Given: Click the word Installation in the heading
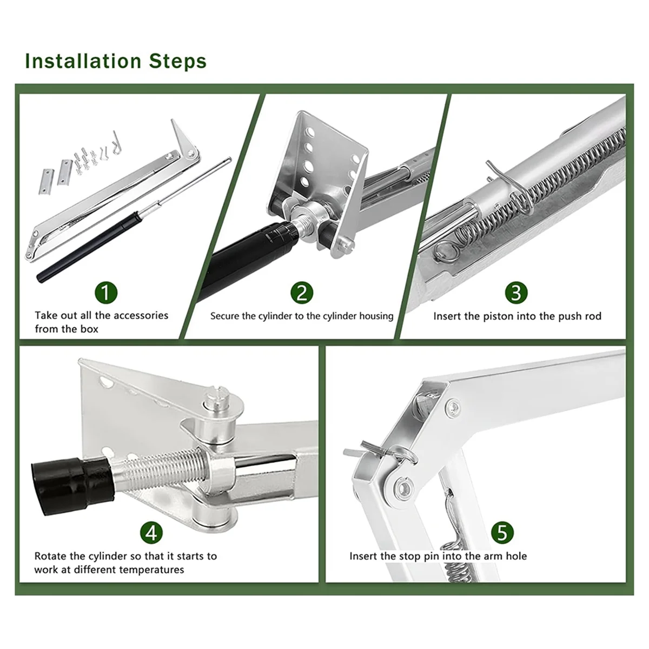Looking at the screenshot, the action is click(x=83, y=61).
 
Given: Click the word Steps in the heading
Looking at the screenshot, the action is click(x=178, y=62).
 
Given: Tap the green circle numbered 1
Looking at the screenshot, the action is click(x=106, y=292).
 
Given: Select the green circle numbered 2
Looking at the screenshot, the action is click(x=302, y=292).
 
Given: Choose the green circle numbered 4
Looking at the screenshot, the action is click(x=151, y=533).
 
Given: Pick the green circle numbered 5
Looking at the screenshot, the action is click(x=502, y=533).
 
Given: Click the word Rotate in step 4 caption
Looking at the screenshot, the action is click(x=50, y=556).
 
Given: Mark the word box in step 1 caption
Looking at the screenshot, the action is click(x=89, y=329).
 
